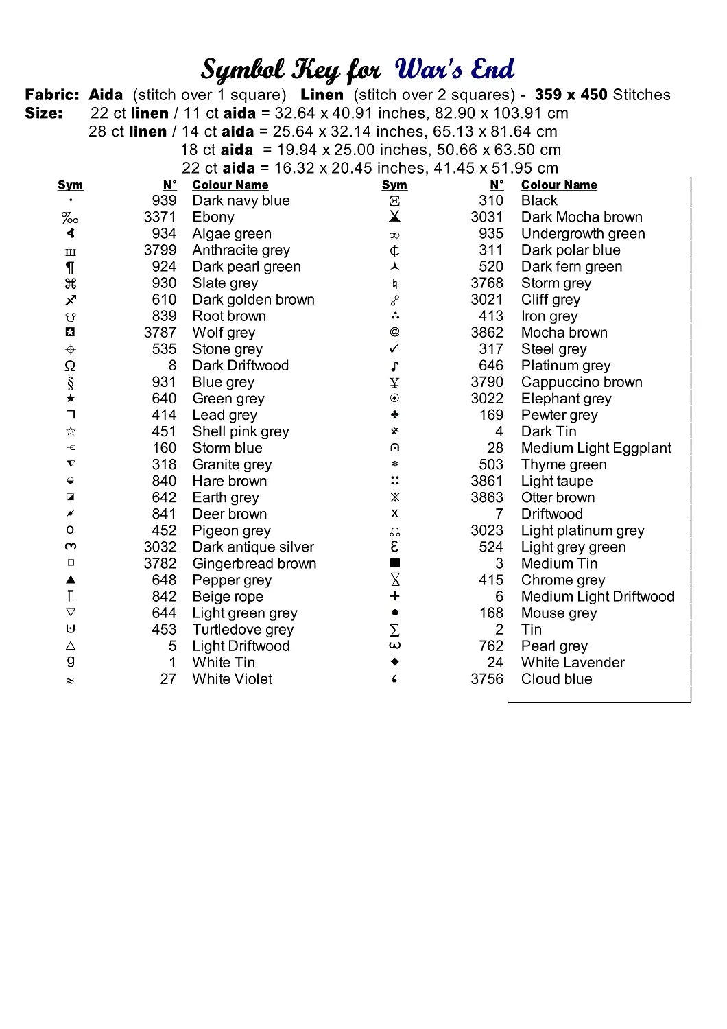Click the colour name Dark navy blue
click(241, 200)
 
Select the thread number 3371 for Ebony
click(160, 217)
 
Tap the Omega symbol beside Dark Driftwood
click(70, 366)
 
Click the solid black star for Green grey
click(70, 399)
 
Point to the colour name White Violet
click(232, 678)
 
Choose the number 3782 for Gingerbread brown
click(160, 563)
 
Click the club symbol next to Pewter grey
click(394, 414)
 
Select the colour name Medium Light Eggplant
click(596, 448)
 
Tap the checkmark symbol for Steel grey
click(394, 348)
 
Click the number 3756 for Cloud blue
click(487, 678)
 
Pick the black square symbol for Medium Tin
click(394, 563)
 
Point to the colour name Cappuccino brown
click(582, 382)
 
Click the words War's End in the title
click(455, 69)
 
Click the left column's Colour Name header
click(230, 185)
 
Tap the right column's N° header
click(497, 185)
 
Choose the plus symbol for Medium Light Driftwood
click(394, 596)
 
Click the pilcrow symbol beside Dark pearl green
click(70, 267)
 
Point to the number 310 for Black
click(491, 200)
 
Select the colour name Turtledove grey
click(243, 629)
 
